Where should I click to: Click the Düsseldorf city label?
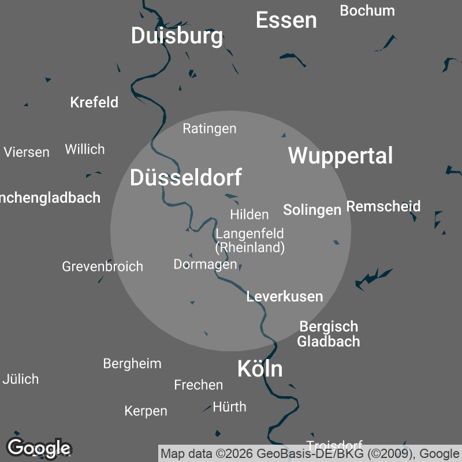[185, 177]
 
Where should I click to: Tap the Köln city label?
[260, 369]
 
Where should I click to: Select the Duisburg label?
[177, 36]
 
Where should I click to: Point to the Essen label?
[286, 20]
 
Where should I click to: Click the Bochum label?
[367, 10]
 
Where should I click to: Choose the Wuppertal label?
[340, 156]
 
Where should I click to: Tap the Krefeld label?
[94, 102]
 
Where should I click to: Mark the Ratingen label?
[210, 128]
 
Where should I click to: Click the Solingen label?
[312, 210]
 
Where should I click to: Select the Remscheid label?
[383, 206]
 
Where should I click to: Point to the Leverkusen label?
[285, 297]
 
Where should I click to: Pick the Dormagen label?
[205, 264]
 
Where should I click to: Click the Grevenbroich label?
[102, 267]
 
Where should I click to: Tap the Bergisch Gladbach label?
[329, 334]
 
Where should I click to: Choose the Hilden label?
[249, 214]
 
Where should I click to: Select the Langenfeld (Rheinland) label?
[249, 241]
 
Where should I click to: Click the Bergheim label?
[132, 363]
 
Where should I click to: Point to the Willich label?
[85, 149]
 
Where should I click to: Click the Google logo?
[39, 448]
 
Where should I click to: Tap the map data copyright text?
[309, 454]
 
